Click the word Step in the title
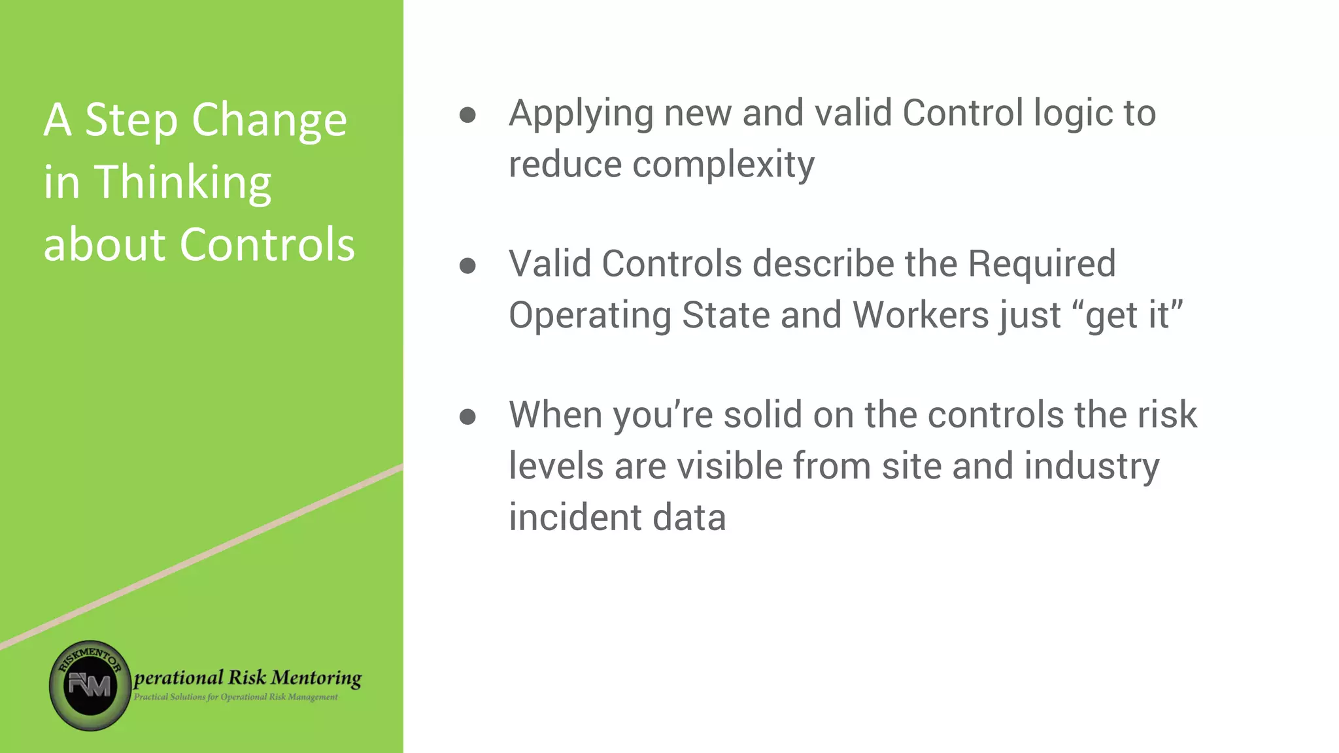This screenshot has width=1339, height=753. coord(131,121)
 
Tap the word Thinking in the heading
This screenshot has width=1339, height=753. coord(183,183)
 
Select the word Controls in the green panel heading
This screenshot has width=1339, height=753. coord(267,244)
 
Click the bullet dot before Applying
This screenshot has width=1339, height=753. coord(467,115)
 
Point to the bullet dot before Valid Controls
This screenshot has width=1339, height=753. coord(467,265)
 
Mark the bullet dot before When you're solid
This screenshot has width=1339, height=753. coord(467,416)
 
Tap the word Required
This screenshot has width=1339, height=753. coord(1042,264)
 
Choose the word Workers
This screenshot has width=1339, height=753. coord(920,316)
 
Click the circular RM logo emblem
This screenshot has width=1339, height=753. coord(90,685)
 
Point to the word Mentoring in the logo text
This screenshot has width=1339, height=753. coord(316,678)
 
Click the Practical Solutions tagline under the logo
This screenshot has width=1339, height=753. coord(236,697)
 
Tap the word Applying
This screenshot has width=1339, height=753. coord(581,114)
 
